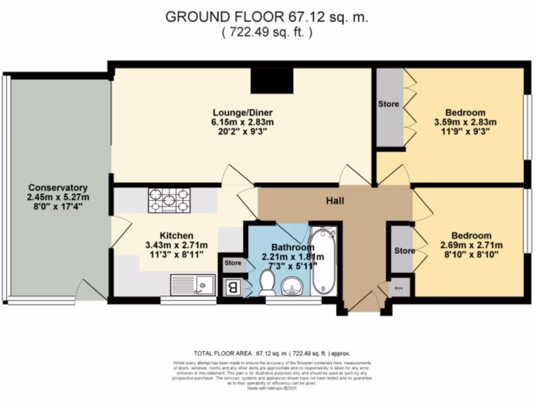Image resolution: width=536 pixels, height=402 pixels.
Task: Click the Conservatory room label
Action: pyautogui.click(x=58, y=187)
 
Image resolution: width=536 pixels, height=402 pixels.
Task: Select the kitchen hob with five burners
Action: pyautogui.click(x=169, y=200)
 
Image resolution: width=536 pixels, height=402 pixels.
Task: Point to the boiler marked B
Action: pyautogui.click(x=231, y=287)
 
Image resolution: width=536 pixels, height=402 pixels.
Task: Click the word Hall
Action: pyautogui.click(x=335, y=200)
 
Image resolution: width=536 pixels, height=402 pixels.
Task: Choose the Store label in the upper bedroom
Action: pyautogui.click(x=388, y=104)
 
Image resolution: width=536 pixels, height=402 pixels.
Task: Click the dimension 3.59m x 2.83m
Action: pyautogui.click(x=465, y=122)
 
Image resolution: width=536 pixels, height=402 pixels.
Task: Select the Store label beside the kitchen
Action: pyautogui.click(x=233, y=263)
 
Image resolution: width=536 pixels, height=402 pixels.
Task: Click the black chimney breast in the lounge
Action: pyautogui.click(x=272, y=81)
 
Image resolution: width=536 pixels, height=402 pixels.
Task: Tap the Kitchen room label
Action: pyautogui.click(x=177, y=236)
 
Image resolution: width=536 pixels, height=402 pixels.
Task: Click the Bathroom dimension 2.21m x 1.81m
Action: pyautogui.click(x=293, y=256)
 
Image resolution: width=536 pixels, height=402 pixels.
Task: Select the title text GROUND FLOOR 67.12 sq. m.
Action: pyautogui.click(x=267, y=17)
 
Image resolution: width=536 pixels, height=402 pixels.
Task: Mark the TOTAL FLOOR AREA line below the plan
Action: pyautogui.click(x=272, y=353)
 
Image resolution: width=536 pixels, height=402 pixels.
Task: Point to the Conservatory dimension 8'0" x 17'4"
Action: pyautogui.click(x=58, y=206)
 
